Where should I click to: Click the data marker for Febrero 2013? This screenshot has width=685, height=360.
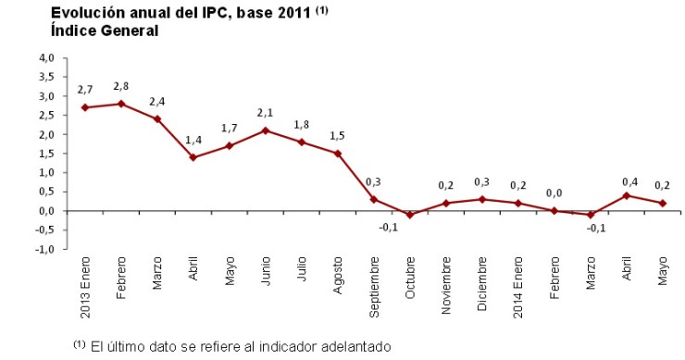click(121, 104)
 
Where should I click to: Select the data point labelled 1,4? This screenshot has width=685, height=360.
click(193, 157)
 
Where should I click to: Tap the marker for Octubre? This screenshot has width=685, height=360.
click(410, 215)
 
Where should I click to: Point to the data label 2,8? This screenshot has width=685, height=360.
click(121, 87)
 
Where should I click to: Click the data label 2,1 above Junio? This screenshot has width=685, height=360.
click(266, 113)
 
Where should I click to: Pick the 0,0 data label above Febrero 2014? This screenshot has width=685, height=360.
click(554, 193)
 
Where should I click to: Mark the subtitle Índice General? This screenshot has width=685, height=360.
click(105, 31)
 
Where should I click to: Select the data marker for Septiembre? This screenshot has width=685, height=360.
click(374, 199)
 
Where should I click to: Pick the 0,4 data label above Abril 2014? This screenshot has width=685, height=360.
click(627, 179)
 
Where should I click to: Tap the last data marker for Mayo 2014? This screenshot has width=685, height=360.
click(663, 203)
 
